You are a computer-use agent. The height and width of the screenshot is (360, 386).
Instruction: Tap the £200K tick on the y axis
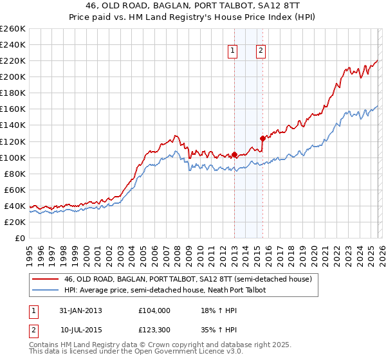click(12, 76)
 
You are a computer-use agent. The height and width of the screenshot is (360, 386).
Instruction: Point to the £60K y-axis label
click(14, 190)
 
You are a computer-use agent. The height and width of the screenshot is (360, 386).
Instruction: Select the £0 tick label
click(19, 238)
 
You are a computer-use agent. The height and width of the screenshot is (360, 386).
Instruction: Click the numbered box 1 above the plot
click(232, 52)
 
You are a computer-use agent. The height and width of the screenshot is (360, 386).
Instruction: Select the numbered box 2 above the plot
click(261, 52)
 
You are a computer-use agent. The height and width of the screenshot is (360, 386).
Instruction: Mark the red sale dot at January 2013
click(234, 154)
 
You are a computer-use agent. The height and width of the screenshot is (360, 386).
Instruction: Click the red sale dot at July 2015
click(262, 138)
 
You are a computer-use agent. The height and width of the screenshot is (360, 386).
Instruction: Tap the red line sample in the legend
click(45, 280)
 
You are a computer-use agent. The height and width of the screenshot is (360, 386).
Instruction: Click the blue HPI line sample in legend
click(45, 290)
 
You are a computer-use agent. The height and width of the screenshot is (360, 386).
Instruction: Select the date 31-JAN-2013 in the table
click(80, 310)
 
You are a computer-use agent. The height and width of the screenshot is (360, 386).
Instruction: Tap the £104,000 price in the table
click(154, 310)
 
